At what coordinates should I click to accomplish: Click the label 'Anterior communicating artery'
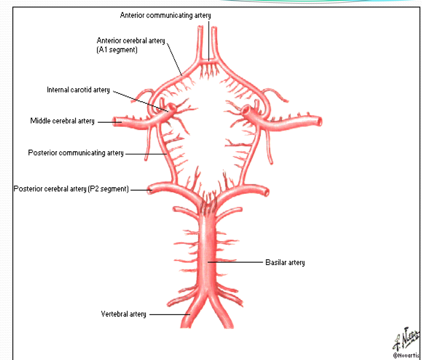(x=165, y=15)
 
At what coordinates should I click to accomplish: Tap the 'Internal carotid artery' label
(x=78, y=90)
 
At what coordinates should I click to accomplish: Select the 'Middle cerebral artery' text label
(x=62, y=122)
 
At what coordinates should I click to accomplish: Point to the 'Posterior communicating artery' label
(x=76, y=153)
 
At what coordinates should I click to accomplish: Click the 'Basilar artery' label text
(x=285, y=263)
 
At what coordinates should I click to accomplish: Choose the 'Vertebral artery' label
(x=124, y=314)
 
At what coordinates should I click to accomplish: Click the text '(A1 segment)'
(x=117, y=50)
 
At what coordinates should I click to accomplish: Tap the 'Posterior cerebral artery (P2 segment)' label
(x=71, y=189)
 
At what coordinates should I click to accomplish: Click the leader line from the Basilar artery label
(x=236, y=262)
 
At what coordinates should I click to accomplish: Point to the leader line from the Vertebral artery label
(x=168, y=314)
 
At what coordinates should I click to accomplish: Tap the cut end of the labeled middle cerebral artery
(x=118, y=122)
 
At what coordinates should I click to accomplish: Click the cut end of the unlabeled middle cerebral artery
(x=319, y=121)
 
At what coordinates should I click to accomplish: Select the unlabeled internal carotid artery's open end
(x=246, y=110)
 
